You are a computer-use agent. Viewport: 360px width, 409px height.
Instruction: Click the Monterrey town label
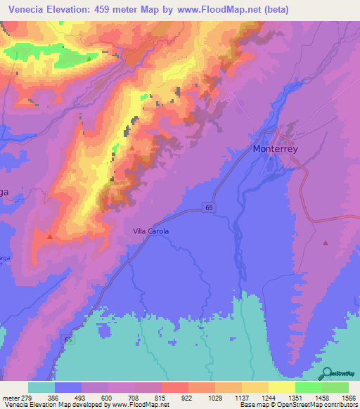tap(279, 149)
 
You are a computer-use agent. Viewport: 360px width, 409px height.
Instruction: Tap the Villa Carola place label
tap(150, 231)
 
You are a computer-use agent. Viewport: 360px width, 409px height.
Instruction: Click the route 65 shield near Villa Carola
tap(209, 206)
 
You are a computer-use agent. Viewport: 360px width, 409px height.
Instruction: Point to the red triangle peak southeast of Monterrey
tap(325, 243)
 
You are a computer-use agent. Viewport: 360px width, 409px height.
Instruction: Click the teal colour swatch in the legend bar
tap(41, 387)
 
